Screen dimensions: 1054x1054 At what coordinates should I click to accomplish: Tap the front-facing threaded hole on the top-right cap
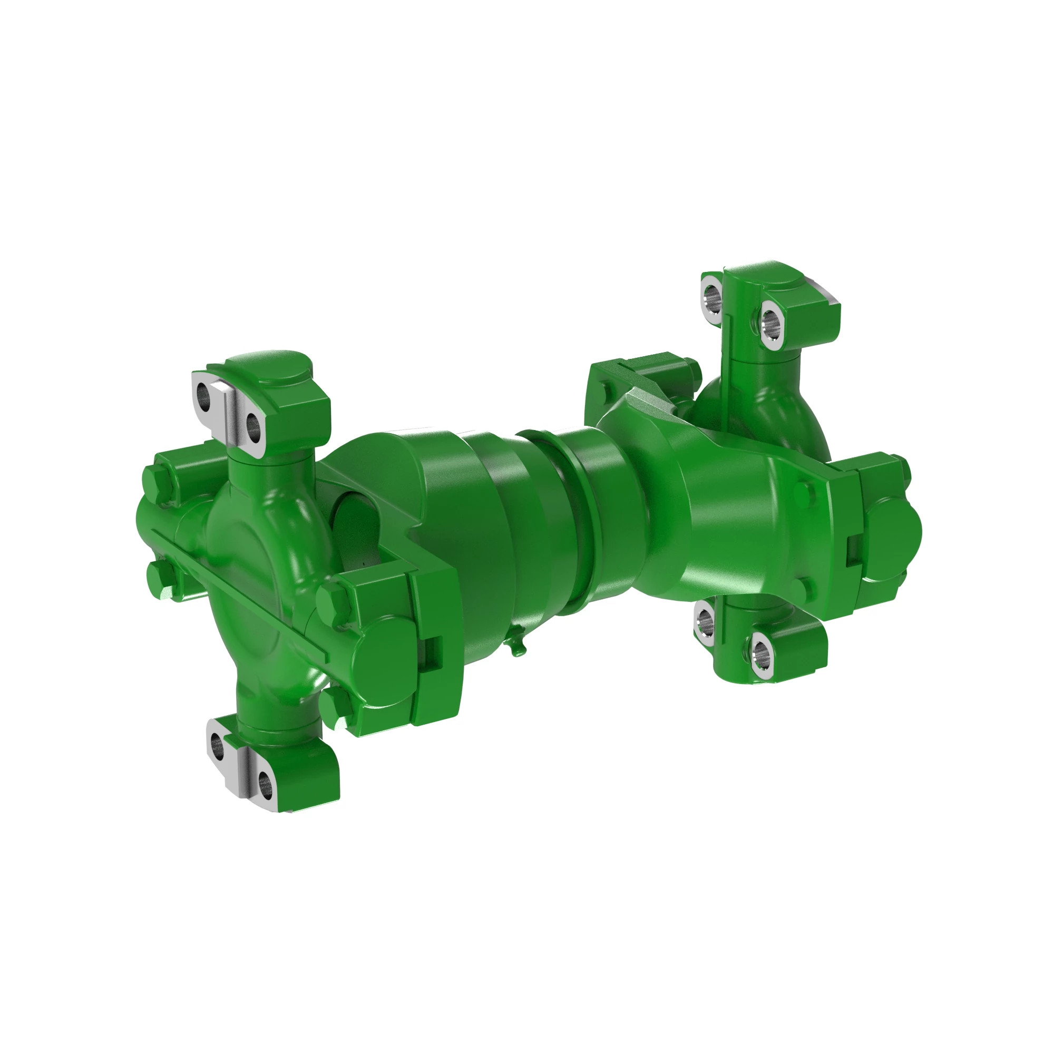pyautogui.click(x=770, y=321)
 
